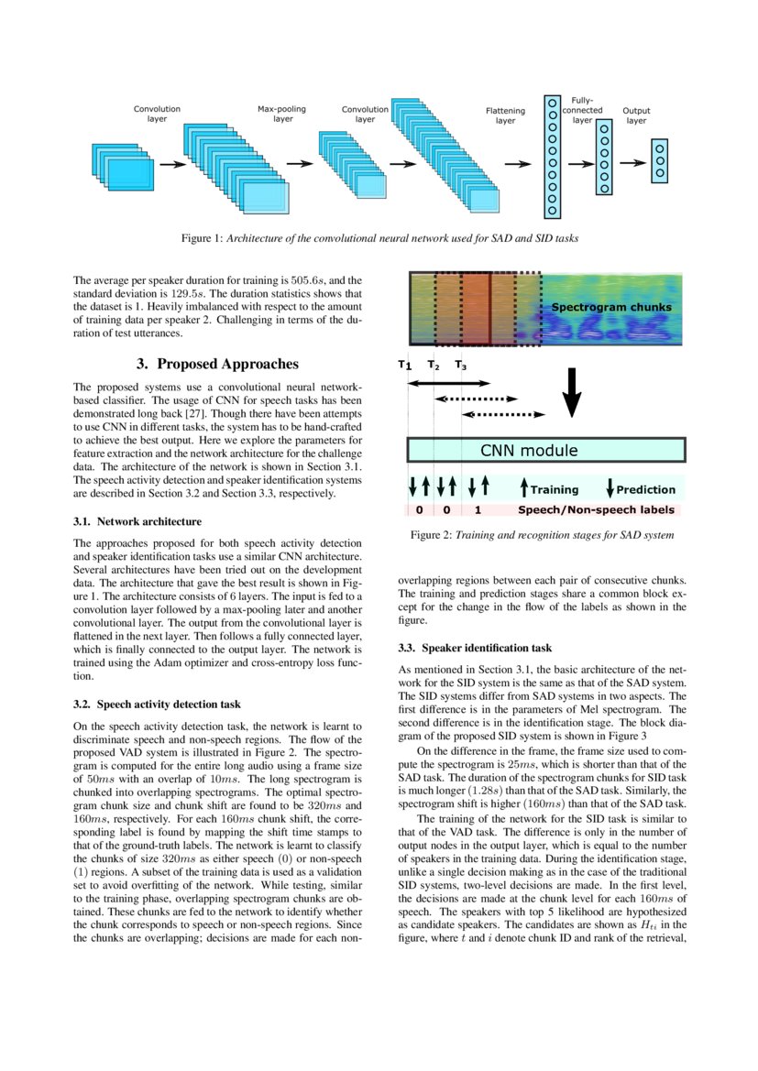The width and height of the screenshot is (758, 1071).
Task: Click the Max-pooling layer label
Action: coord(281,114)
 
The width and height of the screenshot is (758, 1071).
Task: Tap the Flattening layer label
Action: coord(505,115)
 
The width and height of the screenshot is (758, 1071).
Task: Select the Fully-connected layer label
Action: coord(582,109)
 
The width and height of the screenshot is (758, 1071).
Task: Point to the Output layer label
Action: coord(636,115)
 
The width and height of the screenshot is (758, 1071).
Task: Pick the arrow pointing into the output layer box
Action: coord(632,163)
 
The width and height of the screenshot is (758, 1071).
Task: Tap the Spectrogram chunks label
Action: coord(610,307)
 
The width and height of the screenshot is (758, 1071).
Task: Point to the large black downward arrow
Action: coord(572,395)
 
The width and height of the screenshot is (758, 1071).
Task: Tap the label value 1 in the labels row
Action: coord(478,509)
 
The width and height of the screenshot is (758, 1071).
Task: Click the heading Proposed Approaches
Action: coord(216,364)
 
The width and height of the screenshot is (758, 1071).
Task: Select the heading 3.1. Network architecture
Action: coord(137,522)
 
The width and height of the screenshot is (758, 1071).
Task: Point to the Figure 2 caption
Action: coord(544,535)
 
